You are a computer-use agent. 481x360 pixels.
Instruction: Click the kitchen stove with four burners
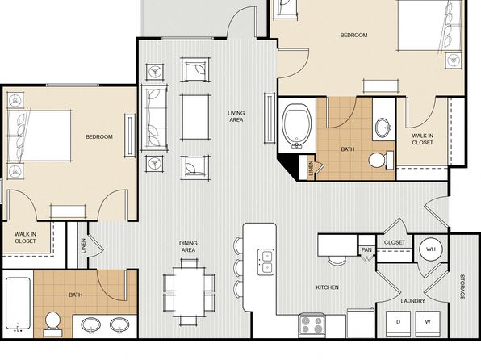click(x=312, y=325)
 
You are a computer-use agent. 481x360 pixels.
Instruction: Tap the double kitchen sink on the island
click(x=266, y=262)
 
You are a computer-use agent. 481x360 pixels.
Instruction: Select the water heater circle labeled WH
click(x=431, y=249)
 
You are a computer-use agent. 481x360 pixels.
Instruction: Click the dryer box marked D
click(x=398, y=324)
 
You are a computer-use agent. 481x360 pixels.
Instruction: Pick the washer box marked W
click(x=428, y=324)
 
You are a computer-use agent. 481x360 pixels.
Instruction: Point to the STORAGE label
click(x=462, y=287)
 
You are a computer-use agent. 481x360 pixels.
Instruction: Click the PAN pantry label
click(x=366, y=250)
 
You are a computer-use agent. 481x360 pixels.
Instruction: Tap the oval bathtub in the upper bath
click(x=297, y=127)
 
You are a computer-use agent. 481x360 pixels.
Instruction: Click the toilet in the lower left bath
click(x=52, y=324)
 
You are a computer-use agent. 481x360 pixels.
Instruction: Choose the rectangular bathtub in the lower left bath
click(x=18, y=303)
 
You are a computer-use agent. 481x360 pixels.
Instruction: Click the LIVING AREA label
click(x=236, y=116)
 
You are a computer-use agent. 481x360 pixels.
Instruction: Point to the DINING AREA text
click(x=188, y=247)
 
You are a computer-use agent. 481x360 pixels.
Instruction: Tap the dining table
click(x=190, y=292)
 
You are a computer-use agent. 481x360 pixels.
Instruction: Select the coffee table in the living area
click(x=195, y=117)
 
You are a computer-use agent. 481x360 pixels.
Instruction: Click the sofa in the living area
click(x=154, y=118)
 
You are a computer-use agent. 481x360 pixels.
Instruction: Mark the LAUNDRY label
click(x=412, y=301)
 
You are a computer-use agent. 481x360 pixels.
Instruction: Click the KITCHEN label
click(x=328, y=287)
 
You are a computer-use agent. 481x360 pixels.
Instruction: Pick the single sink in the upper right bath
click(x=383, y=127)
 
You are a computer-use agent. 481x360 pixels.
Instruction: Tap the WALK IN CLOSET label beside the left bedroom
click(x=25, y=237)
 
